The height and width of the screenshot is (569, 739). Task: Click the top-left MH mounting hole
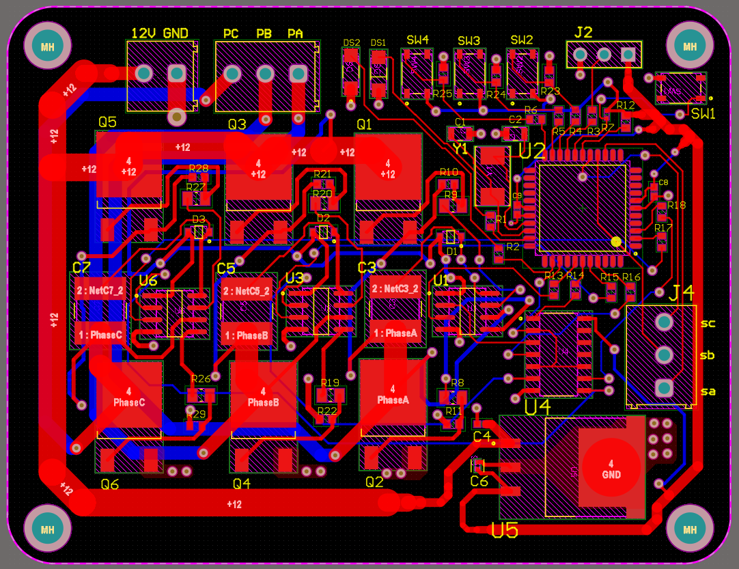47,46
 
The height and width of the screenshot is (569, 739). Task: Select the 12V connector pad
144,73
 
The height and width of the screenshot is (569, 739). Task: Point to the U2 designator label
533,151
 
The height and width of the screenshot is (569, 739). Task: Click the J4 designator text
681,293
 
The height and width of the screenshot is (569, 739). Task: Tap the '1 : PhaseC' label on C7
100,335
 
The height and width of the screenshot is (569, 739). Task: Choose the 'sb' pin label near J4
708,355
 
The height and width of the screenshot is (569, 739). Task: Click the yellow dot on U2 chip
616,241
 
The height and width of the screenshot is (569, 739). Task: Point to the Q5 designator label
107,122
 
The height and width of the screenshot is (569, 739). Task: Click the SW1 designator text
703,114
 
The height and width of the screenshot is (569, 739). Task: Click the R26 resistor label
201,378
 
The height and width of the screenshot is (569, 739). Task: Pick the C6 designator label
479,482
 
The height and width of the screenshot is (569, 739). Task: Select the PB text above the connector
264,33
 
